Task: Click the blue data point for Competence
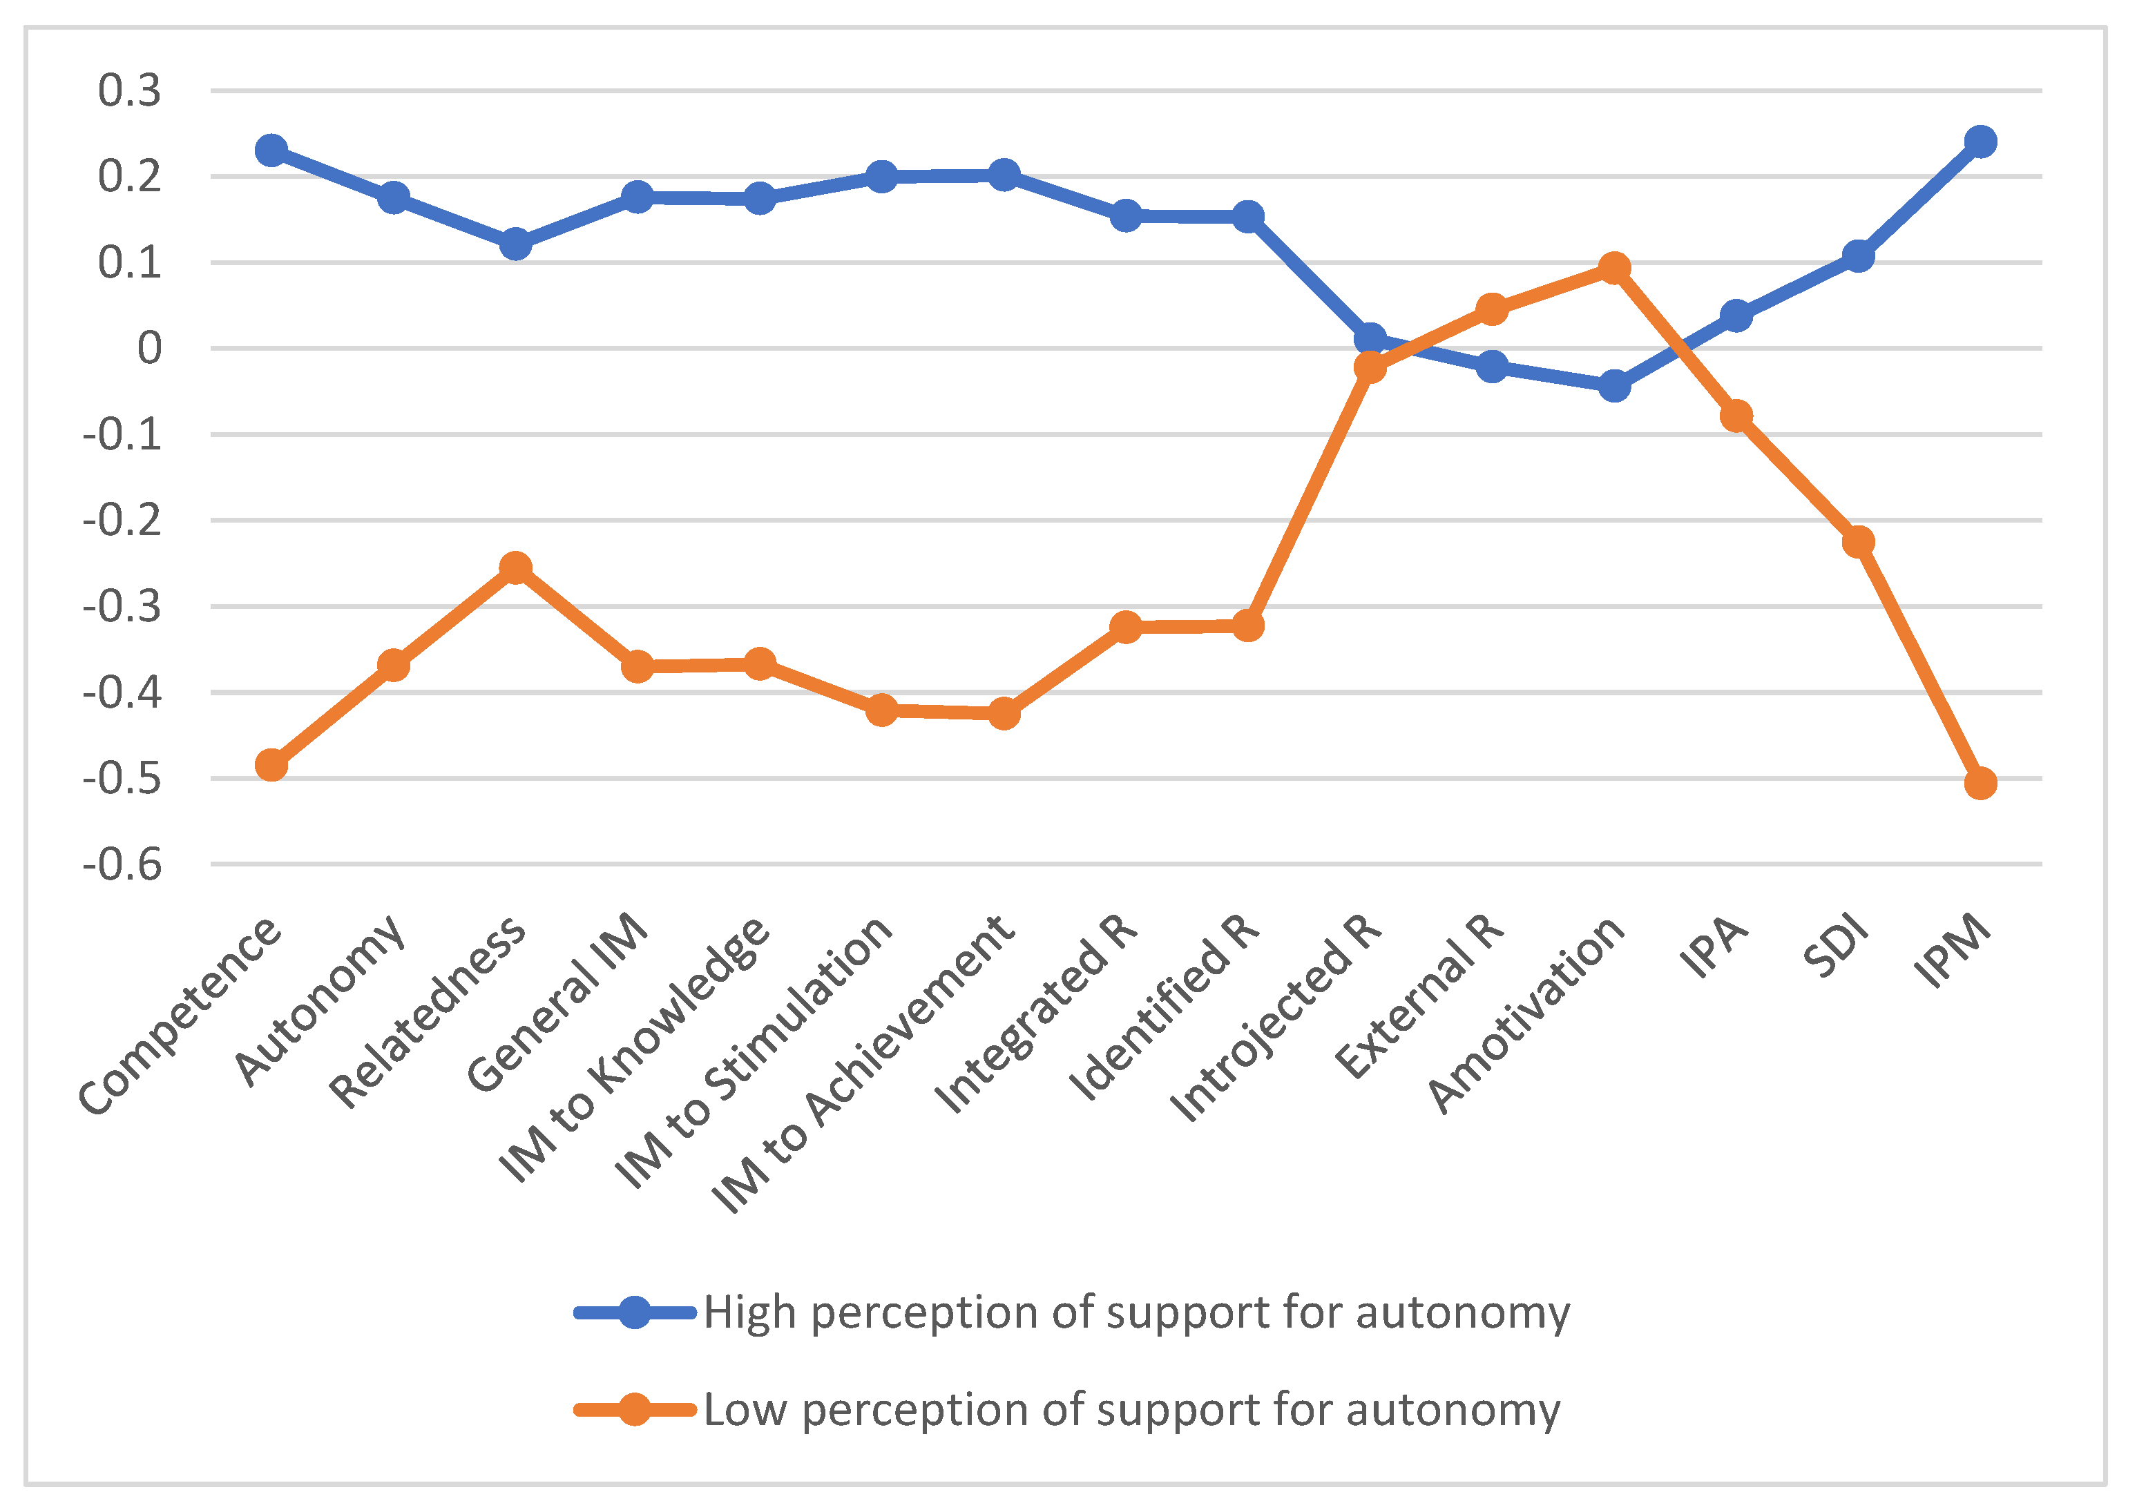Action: point(271,150)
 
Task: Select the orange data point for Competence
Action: point(271,765)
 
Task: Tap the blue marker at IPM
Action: point(1981,142)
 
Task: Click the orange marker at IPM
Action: point(1981,783)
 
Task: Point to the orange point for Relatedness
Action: point(515,567)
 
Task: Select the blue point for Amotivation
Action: point(1613,385)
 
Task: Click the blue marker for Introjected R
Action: point(1370,338)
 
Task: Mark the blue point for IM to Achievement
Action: point(1004,174)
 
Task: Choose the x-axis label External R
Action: point(1420,996)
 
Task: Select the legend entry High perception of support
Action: point(1136,1312)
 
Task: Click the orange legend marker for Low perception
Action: point(635,1410)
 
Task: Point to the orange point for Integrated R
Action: point(1126,627)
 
